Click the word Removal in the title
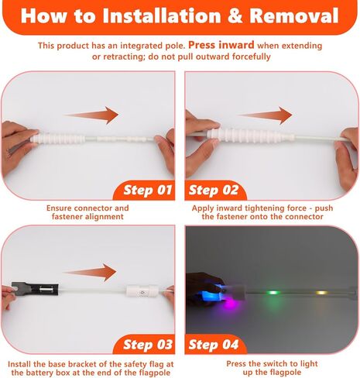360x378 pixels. coord(294,15)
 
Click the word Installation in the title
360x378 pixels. coord(162,15)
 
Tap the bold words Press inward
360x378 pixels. coord(221,45)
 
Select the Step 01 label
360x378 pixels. coord(148,191)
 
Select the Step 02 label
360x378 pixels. coord(214,191)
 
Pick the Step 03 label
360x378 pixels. coord(148,345)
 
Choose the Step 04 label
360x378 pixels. coord(214,345)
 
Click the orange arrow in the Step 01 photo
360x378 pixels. coord(91,115)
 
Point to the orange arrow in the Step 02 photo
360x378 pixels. coord(265,115)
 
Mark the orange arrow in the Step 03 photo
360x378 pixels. coord(90,272)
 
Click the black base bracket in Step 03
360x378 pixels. coord(35,289)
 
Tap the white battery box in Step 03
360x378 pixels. coord(142,290)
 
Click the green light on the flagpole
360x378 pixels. coord(273,293)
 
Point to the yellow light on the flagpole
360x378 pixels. coord(321,293)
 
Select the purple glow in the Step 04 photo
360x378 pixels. coord(230,304)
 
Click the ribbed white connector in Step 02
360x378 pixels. coord(250,136)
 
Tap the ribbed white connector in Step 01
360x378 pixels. coord(59,137)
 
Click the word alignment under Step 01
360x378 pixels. coord(105,216)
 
